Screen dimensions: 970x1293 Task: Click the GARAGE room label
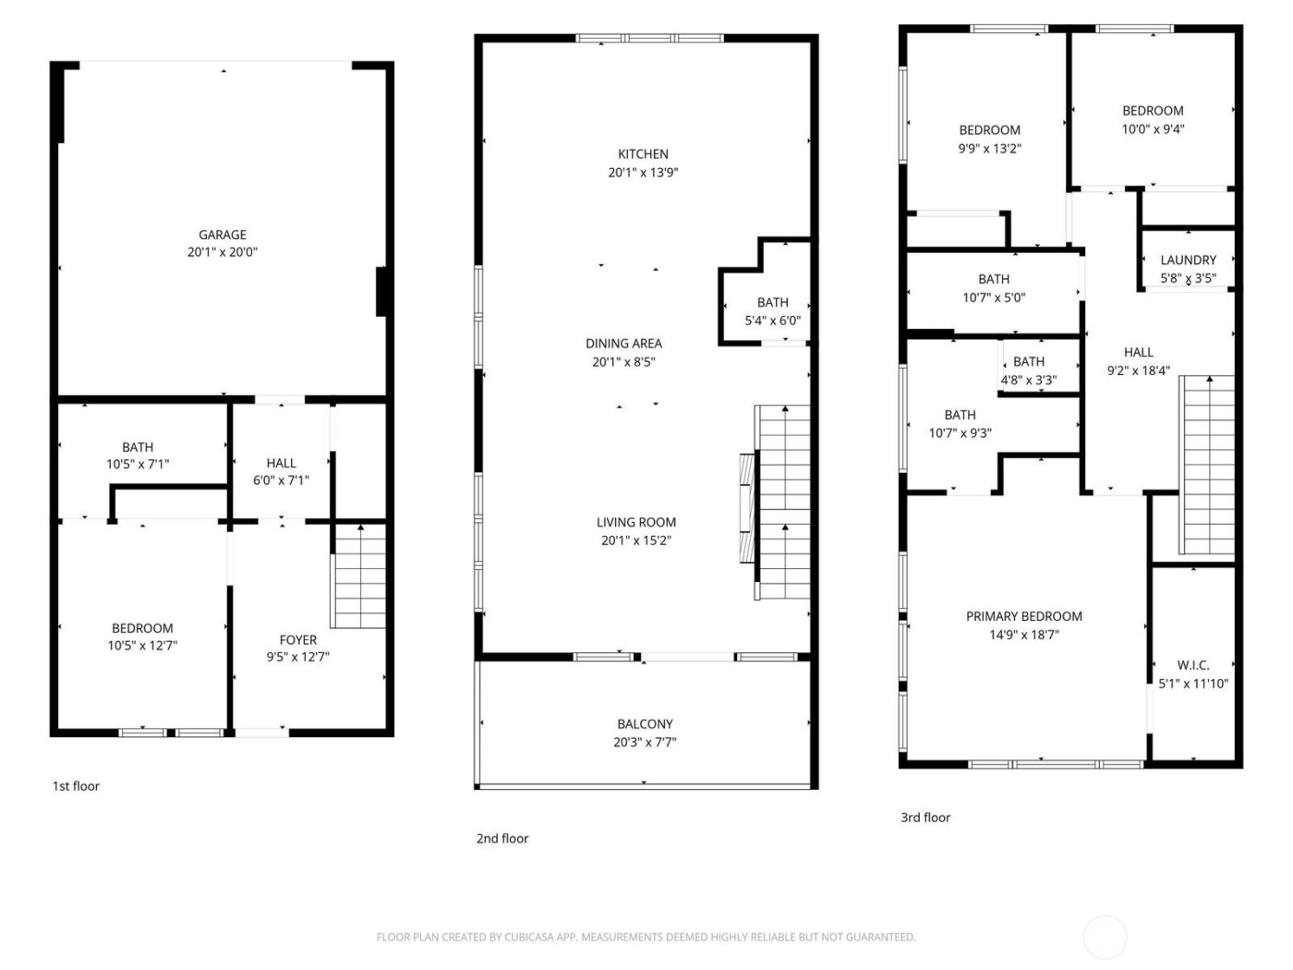(x=222, y=235)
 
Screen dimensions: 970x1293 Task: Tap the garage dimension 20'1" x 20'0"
(x=222, y=252)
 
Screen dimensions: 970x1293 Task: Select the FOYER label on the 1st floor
(x=297, y=639)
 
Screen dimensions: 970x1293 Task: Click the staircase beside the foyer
(x=358, y=576)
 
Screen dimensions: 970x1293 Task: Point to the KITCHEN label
(x=643, y=154)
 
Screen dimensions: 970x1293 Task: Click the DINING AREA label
(x=623, y=344)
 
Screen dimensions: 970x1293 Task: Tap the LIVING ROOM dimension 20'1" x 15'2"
(x=635, y=540)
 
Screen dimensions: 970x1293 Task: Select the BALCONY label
(x=645, y=724)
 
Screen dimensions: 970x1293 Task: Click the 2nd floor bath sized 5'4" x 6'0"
(x=772, y=312)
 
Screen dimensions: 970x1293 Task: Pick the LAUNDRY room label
(x=1188, y=261)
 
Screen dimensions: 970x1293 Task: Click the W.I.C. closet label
(x=1192, y=665)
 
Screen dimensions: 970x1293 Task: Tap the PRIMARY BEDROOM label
(x=1023, y=616)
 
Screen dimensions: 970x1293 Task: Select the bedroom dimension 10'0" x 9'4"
(x=1153, y=129)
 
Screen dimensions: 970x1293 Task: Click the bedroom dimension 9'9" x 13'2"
(x=989, y=149)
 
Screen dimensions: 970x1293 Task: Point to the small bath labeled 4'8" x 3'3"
(x=1028, y=370)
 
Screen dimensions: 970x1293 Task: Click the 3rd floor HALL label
(x=1138, y=352)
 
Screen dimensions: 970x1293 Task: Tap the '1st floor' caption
(x=76, y=786)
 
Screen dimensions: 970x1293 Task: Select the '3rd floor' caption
(x=924, y=818)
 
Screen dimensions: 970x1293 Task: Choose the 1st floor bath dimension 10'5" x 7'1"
(x=138, y=465)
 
